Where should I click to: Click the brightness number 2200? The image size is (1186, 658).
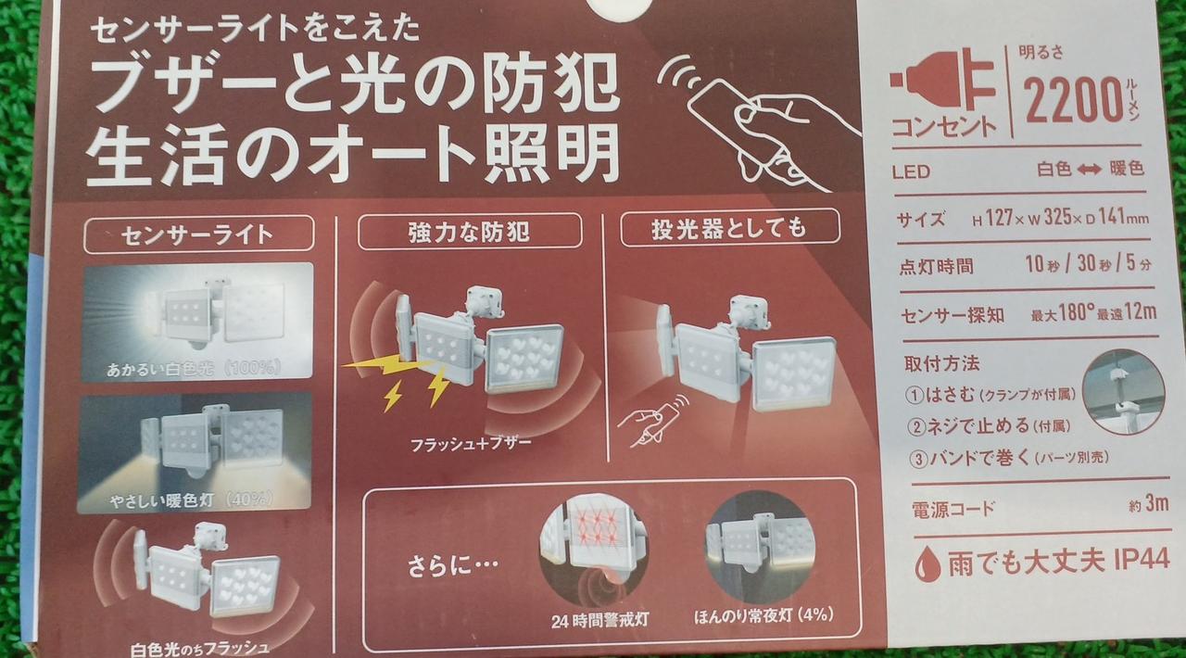click(x=1073, y=99)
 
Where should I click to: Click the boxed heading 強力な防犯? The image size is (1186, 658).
click(x=469, y=232)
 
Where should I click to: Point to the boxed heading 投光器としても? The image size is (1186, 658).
click(x=728, y=228)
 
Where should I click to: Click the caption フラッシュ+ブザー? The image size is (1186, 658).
click(x=471, y=443)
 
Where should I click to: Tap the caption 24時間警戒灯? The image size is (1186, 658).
click(x=599, y=620)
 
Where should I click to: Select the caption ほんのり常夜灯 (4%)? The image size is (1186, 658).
click(x=764, y=615)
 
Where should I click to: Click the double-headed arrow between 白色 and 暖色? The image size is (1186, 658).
click(x=1089, y=171)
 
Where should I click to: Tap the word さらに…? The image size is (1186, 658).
click(x=453, y=566)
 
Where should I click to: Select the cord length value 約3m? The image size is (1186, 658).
click(x=1149, y=504)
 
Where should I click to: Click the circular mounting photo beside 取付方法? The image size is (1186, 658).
click(x=1122, y=392)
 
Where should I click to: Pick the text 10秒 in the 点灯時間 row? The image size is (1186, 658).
click(x=1042, y=264)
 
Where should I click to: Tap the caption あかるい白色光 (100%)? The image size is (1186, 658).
click(x=194, y=368)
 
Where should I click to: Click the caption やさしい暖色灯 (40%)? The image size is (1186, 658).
click(x=192, y=500)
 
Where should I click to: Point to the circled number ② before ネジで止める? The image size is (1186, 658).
click(x=915, y=427)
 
